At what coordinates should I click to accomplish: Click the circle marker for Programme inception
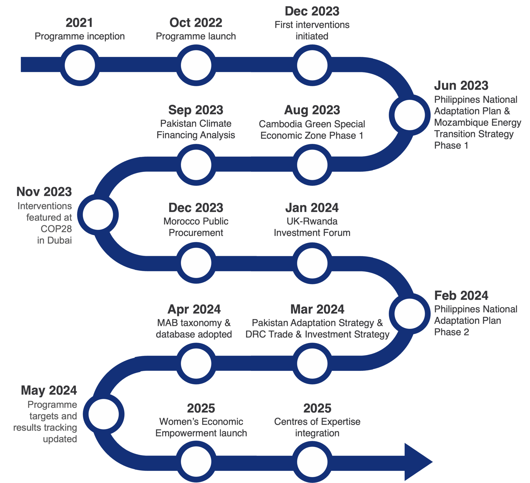[80, 65]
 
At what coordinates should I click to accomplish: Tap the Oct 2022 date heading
[196, 23]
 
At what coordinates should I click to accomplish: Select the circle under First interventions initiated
[312, 65]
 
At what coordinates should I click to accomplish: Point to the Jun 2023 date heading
[461, 86]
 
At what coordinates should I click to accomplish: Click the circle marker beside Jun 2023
[410, 115]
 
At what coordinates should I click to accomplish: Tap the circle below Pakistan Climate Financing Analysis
[196, 165]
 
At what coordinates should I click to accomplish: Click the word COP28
[56, 229]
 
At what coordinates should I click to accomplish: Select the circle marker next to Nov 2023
[98, 215]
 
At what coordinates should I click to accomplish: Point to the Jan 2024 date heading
[312, 208]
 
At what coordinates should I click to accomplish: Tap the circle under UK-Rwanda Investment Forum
[312, 263]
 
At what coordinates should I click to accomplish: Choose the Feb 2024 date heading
[461, 295]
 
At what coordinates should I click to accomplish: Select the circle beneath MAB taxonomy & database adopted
[196, 364]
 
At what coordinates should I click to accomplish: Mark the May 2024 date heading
[49, 390]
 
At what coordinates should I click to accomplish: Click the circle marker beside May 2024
[104, 414]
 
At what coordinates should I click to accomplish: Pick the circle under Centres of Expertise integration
[312, 462]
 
